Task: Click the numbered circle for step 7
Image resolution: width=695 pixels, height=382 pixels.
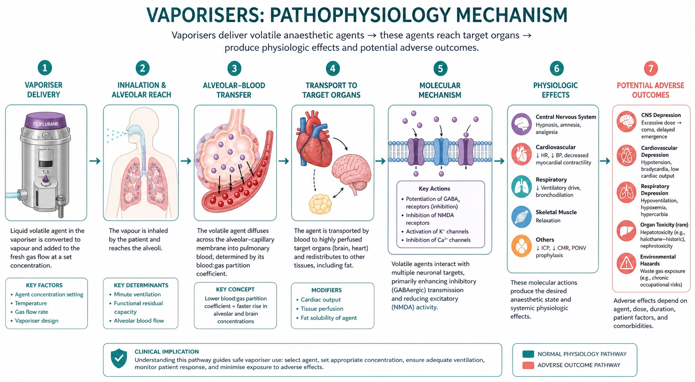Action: click(x=651, y=68)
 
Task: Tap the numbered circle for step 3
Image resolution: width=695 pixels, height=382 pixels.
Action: click(x=234, y=68)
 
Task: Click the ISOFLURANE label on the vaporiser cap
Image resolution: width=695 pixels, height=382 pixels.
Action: click(x=46, y=124)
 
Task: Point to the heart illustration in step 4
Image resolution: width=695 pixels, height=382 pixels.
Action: click(x=313, y=138)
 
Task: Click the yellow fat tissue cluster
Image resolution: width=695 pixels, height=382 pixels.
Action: click(x=320, y=204)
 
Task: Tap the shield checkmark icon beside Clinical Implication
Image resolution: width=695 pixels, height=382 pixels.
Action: click(x=119, y=358)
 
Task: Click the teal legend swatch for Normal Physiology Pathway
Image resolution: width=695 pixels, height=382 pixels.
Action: click(x=528, y=354)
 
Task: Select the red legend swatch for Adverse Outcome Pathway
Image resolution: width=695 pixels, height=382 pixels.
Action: click(x=528, y=365)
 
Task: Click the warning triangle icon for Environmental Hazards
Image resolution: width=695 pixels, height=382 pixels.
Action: click(x=626, y=263)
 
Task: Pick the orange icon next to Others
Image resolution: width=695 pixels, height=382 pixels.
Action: click(x=522, y=246)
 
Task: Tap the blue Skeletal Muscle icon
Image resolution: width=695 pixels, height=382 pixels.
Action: click(x=522, y=216)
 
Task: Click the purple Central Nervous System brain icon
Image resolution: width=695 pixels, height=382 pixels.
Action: click(x=522, y=124)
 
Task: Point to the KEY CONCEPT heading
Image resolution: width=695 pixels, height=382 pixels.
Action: click(x=235, y=289)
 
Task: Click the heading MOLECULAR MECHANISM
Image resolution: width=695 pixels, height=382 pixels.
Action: click(x=440, y=90)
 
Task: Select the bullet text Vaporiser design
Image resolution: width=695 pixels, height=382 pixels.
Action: click(x=37, y=320)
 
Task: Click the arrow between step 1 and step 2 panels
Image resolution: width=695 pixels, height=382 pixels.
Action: click(x=95, y=161)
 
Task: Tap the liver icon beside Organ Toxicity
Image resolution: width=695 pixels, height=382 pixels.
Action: click(x=626, y=231)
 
